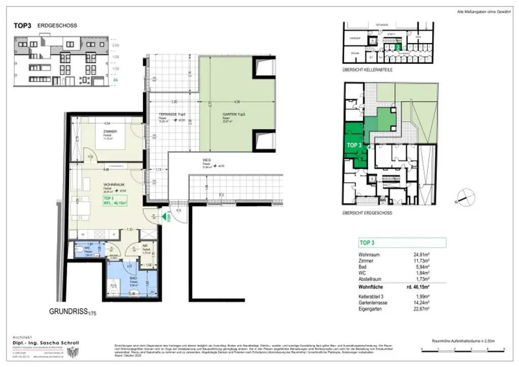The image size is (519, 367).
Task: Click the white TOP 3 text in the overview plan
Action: point(354,144)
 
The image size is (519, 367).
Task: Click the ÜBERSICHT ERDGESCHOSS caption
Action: point(367,213)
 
